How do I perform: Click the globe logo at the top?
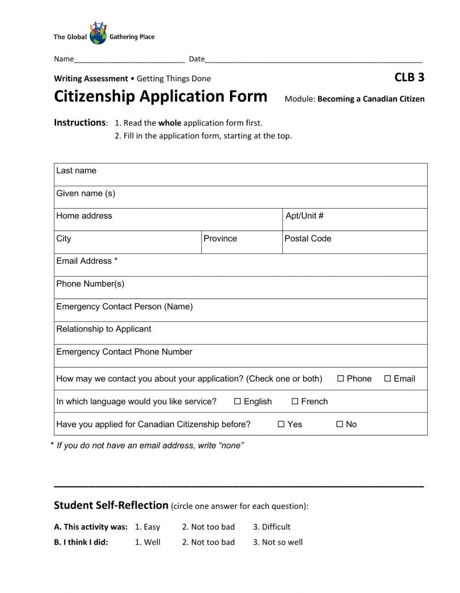98,34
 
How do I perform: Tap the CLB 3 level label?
409,77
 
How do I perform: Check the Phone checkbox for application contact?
340,379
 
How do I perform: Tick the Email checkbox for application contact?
387,379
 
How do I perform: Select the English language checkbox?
237,401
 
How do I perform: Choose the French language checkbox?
295,401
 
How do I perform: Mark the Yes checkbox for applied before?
281,424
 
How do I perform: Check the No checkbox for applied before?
339,424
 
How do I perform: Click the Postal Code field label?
308,238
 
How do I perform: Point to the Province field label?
220,238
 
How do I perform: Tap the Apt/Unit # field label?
305,216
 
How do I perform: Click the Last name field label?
76,170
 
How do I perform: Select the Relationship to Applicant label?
103,329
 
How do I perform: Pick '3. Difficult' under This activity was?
271,527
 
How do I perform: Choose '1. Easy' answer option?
147,527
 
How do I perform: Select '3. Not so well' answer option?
277,542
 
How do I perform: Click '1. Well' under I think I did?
147,542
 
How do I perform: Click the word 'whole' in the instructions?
170,123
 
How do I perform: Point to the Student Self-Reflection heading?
111,505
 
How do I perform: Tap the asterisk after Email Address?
116,260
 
